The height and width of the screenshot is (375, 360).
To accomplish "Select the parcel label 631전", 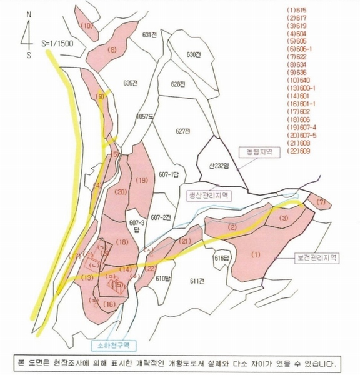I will click(149, 35).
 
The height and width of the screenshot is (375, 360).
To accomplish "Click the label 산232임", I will click(221, 165).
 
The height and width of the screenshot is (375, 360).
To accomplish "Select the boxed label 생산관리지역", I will click(209, 195).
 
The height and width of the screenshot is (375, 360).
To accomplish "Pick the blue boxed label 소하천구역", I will click(113, 344).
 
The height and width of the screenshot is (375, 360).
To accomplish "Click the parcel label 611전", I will click(197, 281).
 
